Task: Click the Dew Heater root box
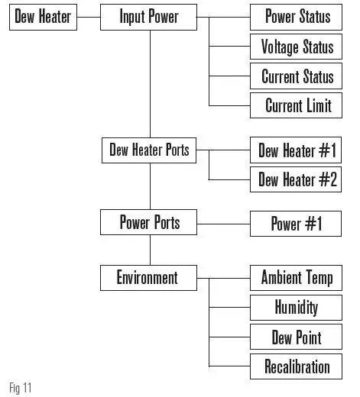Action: pos(43,17)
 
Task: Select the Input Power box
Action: pos(148,17)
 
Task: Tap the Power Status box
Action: pos(297,17)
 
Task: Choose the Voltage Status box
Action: pos(297,47)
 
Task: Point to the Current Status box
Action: pos(297,76)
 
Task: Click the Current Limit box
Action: pos(297,105)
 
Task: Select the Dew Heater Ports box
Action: pos(148,150)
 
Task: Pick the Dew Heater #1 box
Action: pos(297,150)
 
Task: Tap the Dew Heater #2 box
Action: pos(297,179)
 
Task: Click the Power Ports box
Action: pos(148,223)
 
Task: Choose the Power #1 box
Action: pos(297,223)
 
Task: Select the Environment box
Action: pos(148,277)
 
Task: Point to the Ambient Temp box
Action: pos(297,277)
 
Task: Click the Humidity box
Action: pos(297,307)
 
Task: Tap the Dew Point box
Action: pos(297,337)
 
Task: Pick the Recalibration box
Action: pos(297,366)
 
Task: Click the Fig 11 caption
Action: pos(21,388)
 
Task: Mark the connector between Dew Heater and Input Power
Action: pos(89,17)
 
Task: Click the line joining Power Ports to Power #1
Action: pos(224,223)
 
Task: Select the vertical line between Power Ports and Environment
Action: pos(150,249)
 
